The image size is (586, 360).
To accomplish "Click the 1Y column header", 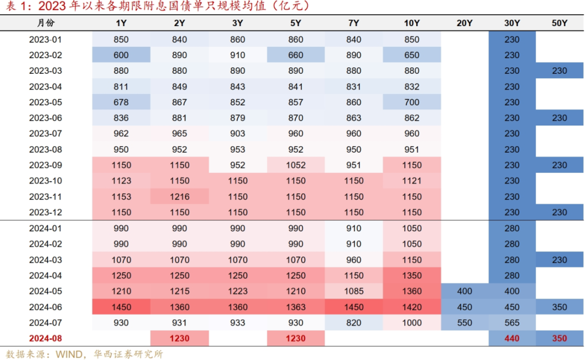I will (x=122, y=23).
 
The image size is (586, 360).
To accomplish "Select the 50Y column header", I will (x=559, y=23).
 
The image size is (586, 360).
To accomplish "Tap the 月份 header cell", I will (x=46, y=23).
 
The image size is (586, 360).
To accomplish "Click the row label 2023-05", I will (x=46, y=102).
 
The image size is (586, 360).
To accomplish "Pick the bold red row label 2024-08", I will (x=46, y=338).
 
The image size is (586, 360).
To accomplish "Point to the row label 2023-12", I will (x=46, y=212).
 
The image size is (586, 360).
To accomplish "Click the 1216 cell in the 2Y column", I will (x=180, y=197).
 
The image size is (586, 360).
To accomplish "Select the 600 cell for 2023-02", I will (x=122, y=55).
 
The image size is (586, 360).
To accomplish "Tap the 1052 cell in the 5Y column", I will (x=296, y=165).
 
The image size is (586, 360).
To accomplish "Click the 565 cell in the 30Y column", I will (x=512, y=323).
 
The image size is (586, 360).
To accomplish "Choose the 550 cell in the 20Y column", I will (x=464, y=323).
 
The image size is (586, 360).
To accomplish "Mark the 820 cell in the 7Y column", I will (x=354, y=323).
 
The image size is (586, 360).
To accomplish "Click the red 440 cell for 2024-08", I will (x=512, y=338).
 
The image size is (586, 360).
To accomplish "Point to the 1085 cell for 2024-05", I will (x=354, y=291).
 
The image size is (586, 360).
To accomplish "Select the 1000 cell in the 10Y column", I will (x=412, y=323).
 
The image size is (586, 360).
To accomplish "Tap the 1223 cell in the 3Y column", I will (x=238, y=291).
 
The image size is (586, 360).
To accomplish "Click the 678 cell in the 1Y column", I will (x=122, y=102).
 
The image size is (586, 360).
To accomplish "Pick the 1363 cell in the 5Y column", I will (x=296, y=307).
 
